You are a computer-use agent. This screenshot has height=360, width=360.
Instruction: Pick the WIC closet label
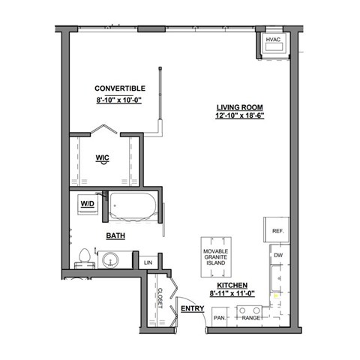pos(103,157)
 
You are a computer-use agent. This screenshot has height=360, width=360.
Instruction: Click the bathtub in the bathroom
pos(133,208)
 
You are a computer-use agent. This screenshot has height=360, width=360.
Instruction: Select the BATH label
pos(115,235)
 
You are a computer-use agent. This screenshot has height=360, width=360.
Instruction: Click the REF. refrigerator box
pos(276,231)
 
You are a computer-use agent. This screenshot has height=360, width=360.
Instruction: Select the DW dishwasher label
pos(277,256)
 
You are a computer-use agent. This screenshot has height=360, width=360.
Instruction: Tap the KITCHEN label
pos(232,286)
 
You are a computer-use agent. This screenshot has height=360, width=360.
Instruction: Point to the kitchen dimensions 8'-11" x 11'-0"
pos(232,295)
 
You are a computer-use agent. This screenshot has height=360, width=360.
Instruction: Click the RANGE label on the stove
pos(250,318)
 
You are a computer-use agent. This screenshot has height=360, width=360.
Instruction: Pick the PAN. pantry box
pos(220,318)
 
